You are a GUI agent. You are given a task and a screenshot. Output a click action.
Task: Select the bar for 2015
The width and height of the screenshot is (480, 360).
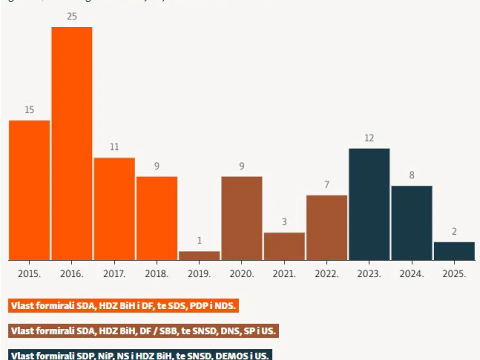tap(29, 190)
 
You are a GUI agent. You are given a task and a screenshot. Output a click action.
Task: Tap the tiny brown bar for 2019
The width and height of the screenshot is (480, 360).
tap(199, 255)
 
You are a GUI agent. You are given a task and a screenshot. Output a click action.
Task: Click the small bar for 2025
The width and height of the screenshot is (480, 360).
tap(454, 251)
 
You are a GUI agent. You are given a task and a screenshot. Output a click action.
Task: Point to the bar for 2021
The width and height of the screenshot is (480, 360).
tap(284, 246)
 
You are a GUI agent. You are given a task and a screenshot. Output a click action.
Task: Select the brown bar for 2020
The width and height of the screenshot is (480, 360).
tap(241, 218)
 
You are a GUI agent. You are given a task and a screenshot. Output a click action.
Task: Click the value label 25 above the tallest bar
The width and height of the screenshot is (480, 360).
tap(72, 16)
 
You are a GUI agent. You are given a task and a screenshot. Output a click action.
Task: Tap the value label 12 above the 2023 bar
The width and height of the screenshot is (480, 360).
tap(369, 138)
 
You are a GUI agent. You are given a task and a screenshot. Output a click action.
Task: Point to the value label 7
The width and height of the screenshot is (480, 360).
tap(326, 185)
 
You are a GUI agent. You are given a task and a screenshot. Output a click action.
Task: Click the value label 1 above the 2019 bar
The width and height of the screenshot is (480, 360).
tap(199, 241)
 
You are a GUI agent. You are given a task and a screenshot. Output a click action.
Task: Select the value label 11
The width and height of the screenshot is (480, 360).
tap(114, 147)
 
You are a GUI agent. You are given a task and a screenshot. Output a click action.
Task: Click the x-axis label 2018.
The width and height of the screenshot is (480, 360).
tap(156, 274)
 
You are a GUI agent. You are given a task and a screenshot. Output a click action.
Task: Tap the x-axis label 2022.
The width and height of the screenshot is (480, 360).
tap(326, 274)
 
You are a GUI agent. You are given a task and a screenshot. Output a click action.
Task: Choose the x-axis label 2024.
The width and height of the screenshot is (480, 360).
tap(411, 274)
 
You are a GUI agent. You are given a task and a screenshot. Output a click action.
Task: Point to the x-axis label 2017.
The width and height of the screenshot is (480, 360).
tap(114, 274)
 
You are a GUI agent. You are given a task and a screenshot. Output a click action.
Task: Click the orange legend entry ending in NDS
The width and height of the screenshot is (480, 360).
tap(123, 305)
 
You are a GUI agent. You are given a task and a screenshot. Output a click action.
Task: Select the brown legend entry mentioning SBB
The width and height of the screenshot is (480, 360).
tap(143, 331)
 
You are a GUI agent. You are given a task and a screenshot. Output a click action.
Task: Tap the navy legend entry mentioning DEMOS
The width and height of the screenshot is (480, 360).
tap(140, 355)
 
